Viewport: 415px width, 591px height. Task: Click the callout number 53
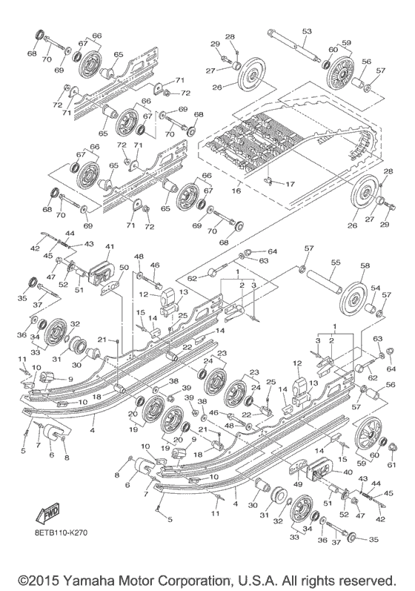306,31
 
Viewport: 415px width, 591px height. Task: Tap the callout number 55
334,263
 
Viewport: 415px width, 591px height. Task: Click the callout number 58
364,265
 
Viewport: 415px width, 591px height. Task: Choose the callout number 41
109,247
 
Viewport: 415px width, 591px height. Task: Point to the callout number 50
124,267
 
